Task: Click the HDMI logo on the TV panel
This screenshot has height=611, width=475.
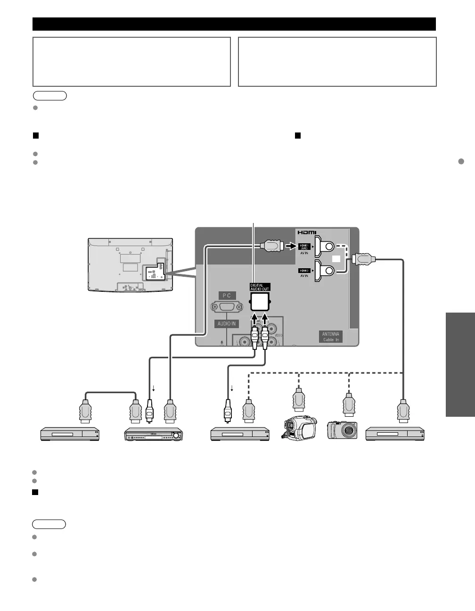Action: click(x=306, y=232)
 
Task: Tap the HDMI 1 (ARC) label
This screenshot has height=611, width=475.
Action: click(x=304, y=246)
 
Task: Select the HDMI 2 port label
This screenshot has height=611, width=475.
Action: click(x=304, y=271)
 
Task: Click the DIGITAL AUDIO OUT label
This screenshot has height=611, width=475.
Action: click(x=260, y=287)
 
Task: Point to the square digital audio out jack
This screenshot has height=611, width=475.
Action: click(x=260, y=300)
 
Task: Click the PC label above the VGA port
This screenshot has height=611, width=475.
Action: click(x=227, y=296)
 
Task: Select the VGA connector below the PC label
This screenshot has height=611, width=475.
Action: click(x=227, y=307)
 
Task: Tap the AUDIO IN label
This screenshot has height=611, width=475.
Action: click(x=227, y=323)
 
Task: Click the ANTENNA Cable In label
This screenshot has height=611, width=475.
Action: click(x=330, y=337)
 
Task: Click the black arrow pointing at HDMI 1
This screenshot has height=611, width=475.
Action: click(x=289, y=246)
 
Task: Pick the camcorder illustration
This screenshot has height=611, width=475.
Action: click(x=298, y=428)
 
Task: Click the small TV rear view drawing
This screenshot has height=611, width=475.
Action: click(x=130, y=264)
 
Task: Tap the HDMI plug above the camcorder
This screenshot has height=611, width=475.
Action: click(x=298, y=399)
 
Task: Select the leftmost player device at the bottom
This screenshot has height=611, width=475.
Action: click(x=70, y=434)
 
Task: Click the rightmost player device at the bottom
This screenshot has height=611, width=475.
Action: click(x=395, y=434)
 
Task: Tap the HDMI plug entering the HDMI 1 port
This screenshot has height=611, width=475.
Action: click(x=270, y=246)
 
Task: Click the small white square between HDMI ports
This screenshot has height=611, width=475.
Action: click(x=336, y=258)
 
